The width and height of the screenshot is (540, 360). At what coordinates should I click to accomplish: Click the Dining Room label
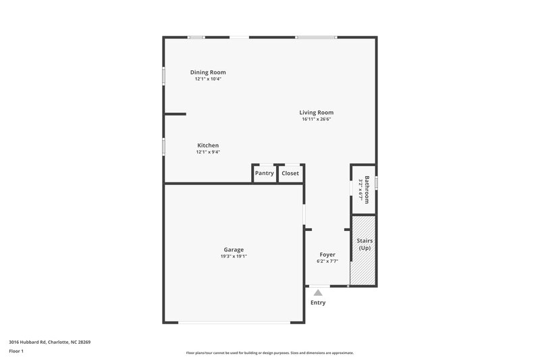[x=207, y=72]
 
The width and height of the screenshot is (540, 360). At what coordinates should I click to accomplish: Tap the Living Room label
[x=316, y=113]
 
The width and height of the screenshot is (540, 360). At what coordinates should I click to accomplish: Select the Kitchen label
[x=207, y=145]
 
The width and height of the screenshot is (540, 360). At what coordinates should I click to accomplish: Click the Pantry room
[x=264, y=174]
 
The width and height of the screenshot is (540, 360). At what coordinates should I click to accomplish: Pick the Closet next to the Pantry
[x=290, y=174]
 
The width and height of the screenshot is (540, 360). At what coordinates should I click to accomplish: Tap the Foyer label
[x=327, y=255]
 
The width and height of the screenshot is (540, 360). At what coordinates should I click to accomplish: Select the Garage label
[x=234, y=249]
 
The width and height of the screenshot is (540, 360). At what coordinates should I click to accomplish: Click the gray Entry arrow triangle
[x=318, y=292]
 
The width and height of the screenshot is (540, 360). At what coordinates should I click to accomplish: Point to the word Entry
[x=318, y=303]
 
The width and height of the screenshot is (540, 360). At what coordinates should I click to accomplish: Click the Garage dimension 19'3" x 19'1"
[x=234, y=257]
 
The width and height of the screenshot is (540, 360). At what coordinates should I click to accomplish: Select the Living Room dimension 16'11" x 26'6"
[x=316, y=120]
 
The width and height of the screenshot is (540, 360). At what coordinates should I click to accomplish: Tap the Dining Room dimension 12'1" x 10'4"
[x=207, y=79]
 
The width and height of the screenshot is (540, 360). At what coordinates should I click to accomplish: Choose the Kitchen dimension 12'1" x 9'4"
[x=207, y=152]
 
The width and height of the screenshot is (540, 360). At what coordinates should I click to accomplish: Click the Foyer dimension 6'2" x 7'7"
[x=327, y=261]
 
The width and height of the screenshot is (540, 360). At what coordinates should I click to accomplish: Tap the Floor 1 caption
[x=17, y=351]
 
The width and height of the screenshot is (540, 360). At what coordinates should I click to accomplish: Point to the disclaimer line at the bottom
[x=270, y=353]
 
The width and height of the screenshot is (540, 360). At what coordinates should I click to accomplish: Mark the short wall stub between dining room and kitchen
[x=175, y=114]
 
